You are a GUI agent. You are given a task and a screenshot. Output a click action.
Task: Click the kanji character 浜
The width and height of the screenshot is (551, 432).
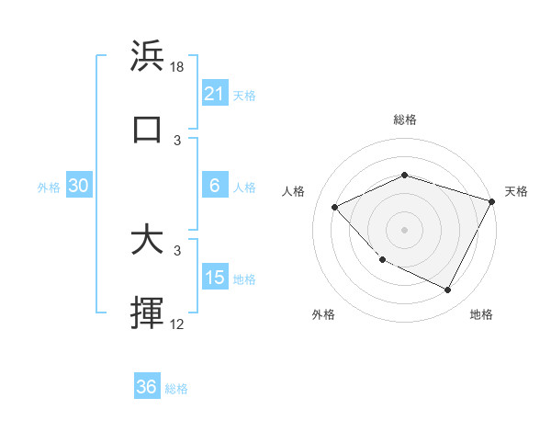147,56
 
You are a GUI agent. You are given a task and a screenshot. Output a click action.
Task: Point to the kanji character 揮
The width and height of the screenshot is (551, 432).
147,313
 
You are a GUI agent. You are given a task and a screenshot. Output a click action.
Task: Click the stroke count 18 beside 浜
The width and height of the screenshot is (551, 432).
177,66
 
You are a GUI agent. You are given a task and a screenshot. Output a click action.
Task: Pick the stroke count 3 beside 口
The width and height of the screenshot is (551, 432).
177,140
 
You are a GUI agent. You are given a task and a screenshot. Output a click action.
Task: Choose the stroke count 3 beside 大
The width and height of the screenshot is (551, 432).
177,250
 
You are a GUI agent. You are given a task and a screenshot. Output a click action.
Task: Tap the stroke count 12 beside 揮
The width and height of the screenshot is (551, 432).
177,324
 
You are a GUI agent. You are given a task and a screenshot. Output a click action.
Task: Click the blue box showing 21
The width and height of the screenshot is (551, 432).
215,94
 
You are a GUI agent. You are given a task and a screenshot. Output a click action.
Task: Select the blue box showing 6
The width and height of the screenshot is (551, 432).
215,186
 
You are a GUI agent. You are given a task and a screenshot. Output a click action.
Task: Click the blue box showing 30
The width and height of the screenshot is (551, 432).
79,186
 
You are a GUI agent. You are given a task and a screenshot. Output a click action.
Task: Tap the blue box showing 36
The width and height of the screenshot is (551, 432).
147,387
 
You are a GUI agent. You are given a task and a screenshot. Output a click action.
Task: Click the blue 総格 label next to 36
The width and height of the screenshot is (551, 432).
176,389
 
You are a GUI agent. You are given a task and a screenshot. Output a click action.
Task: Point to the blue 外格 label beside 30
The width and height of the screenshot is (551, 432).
49,188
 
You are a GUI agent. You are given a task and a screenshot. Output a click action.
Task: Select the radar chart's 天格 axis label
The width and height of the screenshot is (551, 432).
517,191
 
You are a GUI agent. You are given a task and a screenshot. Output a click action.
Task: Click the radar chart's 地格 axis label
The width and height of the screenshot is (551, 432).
481,314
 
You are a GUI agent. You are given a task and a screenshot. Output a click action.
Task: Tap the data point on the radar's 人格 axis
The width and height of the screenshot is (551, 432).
335,207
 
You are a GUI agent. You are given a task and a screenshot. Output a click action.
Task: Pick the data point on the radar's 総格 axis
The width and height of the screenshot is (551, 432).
404,175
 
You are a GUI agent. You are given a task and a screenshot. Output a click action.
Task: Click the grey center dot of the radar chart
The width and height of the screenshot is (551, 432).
404,229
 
